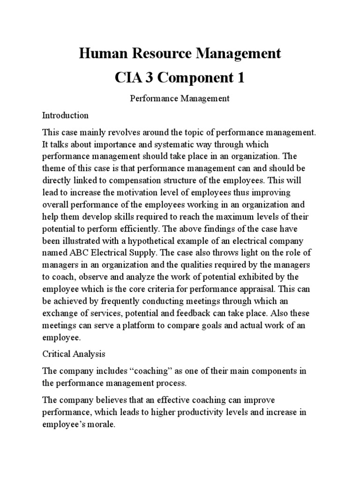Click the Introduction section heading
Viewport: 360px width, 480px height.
click(65, 115)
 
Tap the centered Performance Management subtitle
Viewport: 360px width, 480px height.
click(180, 98)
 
